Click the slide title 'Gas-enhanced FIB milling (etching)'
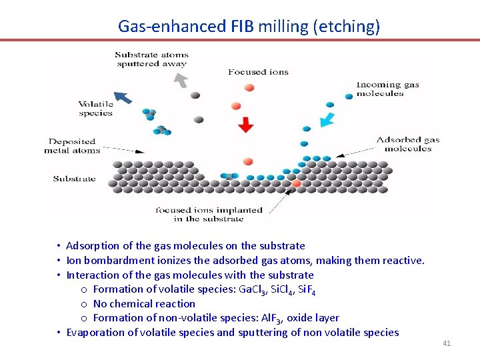[x=249, y=26]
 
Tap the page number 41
[x=447, y=343]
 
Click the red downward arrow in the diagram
[x=246, y=125]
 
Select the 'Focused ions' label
[x=258, y=72]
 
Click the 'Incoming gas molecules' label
[x=387, y=89]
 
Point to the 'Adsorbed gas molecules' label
[x=407, y=144]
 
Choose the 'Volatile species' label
[x=96, y=109]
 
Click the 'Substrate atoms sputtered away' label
[x=151, y=59]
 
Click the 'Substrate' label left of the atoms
[x=74, y=179]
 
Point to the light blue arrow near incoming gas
[x=326, y=119]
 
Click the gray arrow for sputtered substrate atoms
[x=180, y=79]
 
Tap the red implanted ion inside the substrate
[x=296, y=183]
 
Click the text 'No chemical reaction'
[x=144, y=303]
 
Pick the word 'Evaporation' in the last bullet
[x=93, y=332]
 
